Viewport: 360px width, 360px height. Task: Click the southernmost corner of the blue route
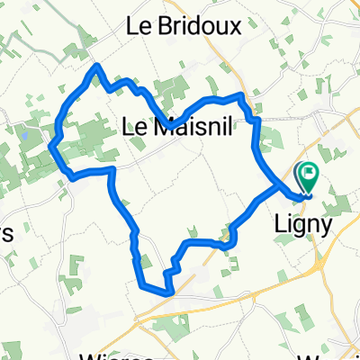pos(168,292)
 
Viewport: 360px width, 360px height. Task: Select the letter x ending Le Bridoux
pos(235,27)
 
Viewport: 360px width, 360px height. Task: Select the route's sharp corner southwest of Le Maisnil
pos(112,169)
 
